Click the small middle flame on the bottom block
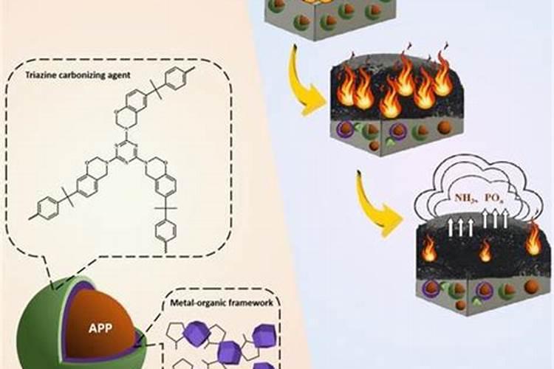tap(485, 252)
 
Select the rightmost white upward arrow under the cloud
tap(506, 218)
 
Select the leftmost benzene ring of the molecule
tap(46, 208)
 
